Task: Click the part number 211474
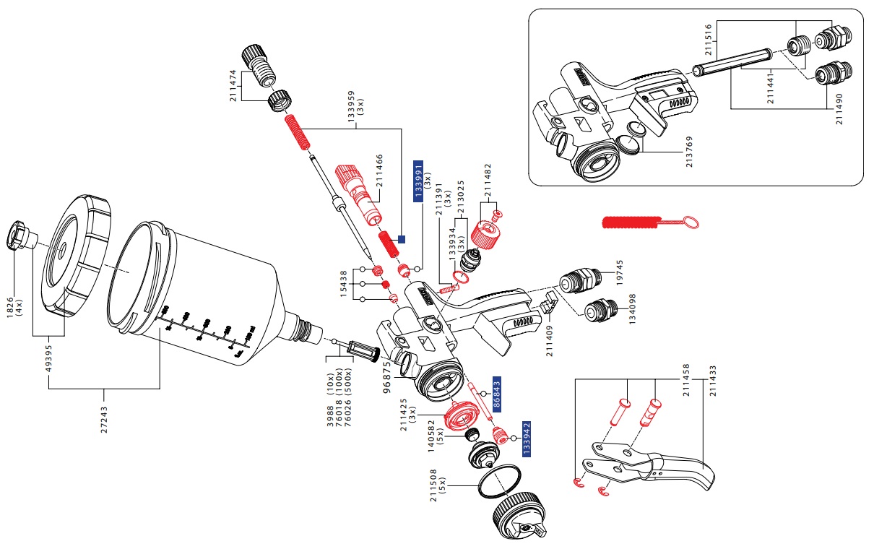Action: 233,85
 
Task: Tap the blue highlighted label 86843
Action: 497,394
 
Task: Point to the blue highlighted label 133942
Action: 527,438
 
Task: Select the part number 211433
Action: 714,380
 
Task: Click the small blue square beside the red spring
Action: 402,238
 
